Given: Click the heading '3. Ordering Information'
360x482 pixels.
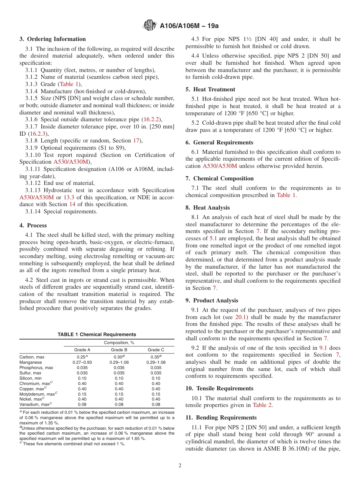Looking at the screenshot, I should (x=53, y=39).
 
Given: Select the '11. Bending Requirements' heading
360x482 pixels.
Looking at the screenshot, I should (x=221, y=418).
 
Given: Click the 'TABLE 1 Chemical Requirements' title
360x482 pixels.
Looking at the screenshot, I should (x=97, y=335).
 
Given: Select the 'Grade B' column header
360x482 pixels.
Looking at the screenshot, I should (x=119, y=350).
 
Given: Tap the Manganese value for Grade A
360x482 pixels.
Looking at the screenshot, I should (x=82, y=362).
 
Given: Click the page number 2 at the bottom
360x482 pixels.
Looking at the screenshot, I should (x=180, y=466).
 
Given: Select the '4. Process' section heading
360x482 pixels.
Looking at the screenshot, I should (x=33, y=225).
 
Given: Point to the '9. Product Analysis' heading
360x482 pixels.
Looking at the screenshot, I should (x=212, y=300).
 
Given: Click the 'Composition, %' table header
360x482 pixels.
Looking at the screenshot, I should (x=119, y=343).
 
